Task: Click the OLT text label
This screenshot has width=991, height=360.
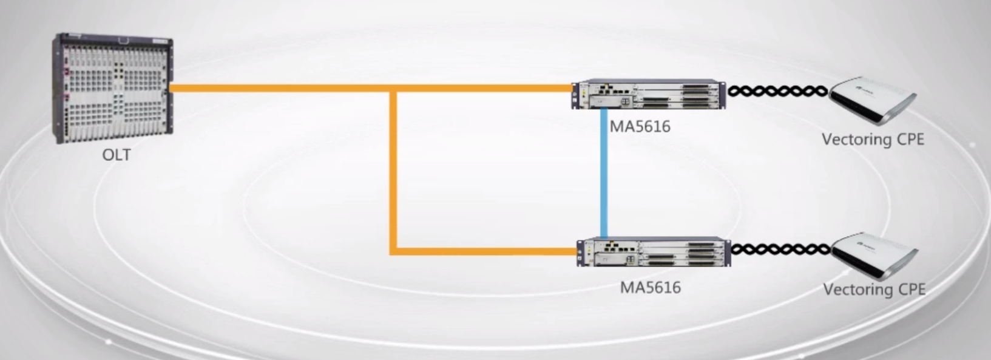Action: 116,155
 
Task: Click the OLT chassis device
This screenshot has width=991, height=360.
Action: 113,88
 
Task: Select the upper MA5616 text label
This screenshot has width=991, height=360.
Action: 640,126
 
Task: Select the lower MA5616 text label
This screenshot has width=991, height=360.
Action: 650,287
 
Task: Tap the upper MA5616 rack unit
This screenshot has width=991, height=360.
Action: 648,94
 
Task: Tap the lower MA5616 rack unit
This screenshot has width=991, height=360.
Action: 654,252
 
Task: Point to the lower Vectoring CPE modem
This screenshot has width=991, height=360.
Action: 874,255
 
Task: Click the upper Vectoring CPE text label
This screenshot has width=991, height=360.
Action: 873,140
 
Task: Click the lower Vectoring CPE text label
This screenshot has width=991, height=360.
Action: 874,289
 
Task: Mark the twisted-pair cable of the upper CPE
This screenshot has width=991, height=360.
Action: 777,91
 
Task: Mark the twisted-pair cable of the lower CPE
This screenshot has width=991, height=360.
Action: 780,249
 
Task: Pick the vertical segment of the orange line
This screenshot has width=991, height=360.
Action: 393,170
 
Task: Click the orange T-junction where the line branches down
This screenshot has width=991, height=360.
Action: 393,89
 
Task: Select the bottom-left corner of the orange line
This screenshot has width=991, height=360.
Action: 393,250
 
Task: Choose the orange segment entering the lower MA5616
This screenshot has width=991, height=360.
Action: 485,250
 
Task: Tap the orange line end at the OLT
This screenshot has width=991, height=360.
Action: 174,88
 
